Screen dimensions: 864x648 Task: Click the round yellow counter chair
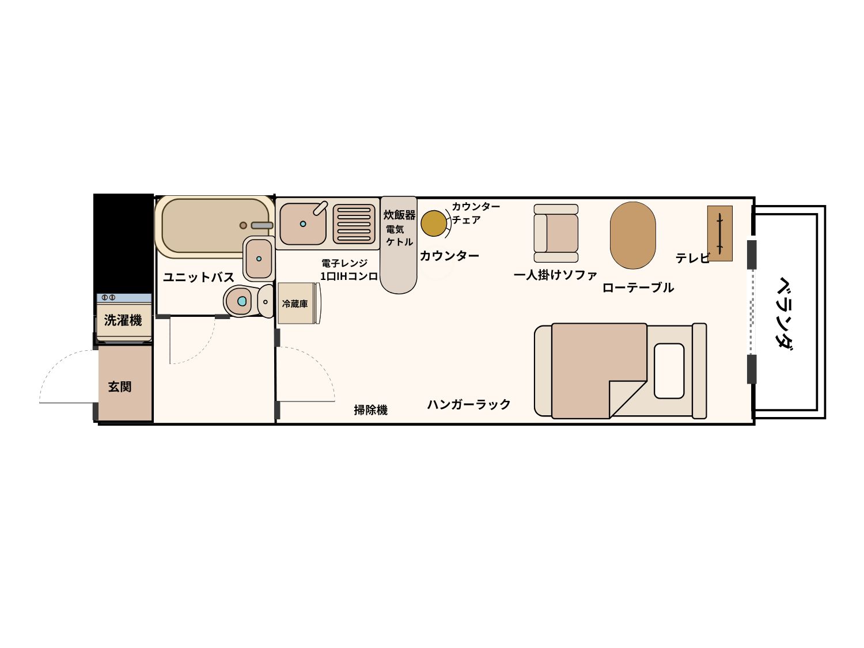click(433, 223)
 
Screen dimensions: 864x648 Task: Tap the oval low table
click(632, 235)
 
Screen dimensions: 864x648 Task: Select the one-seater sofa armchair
click(556, 233)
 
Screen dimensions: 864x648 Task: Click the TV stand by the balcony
click(719, 233)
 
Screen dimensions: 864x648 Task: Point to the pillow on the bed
click(669, 370)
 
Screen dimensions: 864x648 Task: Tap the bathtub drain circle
click(243, 225)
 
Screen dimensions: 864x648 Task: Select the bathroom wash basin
click(259, 258)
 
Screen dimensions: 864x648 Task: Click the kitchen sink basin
click(303, 223)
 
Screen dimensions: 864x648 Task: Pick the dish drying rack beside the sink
click(354, 223)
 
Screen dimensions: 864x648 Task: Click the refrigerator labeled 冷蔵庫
click(299, 304)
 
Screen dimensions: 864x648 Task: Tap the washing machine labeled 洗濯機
click(124, 317)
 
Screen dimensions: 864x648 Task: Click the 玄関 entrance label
click(120, 386)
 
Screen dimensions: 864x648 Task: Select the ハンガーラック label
click(469, 404)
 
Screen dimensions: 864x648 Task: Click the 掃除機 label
click(370, 410)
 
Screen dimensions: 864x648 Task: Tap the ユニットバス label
click(199, 277)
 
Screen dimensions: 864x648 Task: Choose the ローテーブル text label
click(638, 287)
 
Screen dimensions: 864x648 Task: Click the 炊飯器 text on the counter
click(400, 215)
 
